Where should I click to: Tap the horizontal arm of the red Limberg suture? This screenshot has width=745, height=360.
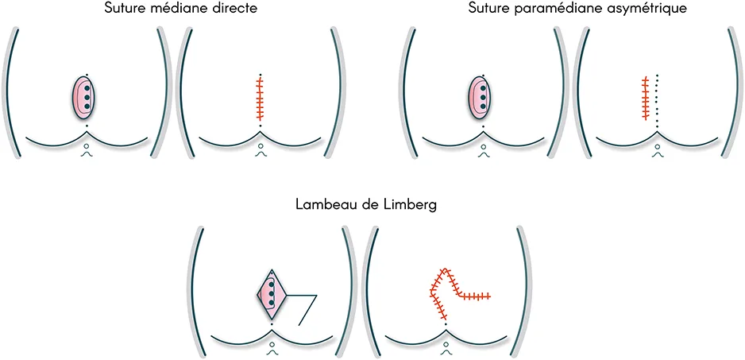coord(474,296)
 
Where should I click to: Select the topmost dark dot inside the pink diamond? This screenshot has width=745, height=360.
coord(272,285)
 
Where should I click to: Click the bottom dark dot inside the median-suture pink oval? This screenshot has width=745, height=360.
coord(87,106)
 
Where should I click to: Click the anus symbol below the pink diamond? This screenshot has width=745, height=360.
coord(272,346)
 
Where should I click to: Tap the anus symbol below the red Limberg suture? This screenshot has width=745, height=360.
coord(446,346)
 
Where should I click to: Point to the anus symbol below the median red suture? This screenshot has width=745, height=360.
coord(260,149)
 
